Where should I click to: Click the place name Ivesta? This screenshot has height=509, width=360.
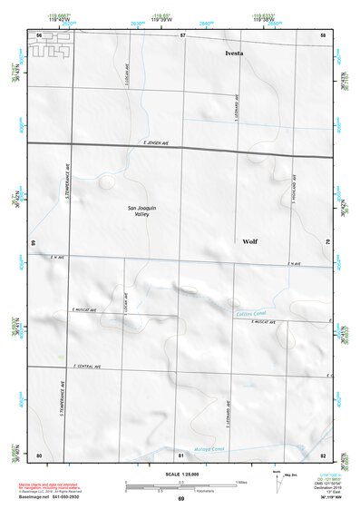[235, 54]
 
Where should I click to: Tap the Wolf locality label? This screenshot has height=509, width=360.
[250, 241]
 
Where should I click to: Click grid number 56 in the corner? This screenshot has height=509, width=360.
[39, 34]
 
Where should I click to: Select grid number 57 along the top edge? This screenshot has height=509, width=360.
[182, 34]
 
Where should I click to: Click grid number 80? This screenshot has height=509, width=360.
[39, 454]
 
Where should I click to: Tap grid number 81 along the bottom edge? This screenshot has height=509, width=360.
[181, 454]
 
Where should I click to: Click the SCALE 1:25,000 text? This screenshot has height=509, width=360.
[180, 474]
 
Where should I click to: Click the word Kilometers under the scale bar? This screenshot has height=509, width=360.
[182, 489]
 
